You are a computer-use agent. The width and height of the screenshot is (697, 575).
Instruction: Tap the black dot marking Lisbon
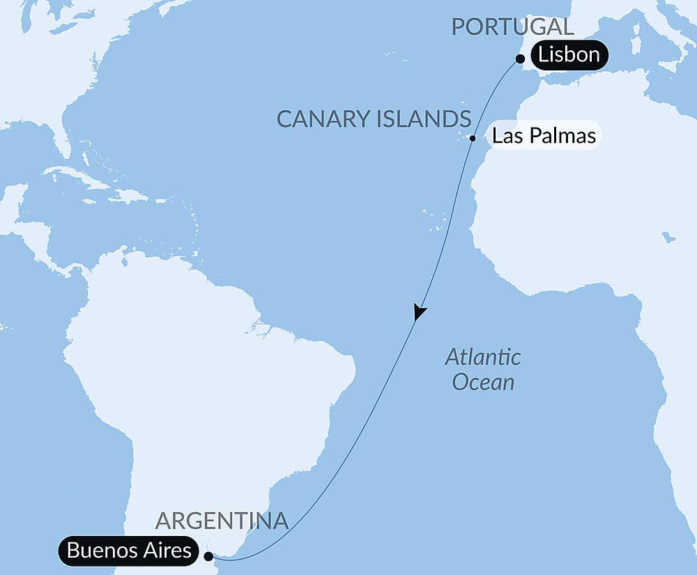(x=520, y=59)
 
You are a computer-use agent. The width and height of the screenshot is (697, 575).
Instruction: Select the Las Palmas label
(x=544, y=135)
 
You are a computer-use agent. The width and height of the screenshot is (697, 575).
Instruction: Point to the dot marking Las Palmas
(x=473, y=138)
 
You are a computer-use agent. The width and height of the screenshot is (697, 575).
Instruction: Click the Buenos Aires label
(x=129, y=550)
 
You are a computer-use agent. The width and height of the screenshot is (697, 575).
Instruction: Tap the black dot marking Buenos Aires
(x=208, y=556)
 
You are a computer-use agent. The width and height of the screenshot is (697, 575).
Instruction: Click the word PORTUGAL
(x=512, y=27)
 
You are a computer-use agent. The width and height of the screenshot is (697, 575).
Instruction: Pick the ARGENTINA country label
(x=222, y=521)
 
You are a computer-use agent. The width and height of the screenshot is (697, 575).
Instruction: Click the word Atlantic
(x=483, y=358)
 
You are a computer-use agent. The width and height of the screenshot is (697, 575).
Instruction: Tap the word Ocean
(x=483, y=381)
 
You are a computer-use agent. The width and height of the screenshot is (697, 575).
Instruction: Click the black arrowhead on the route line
(x=418, y=312)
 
